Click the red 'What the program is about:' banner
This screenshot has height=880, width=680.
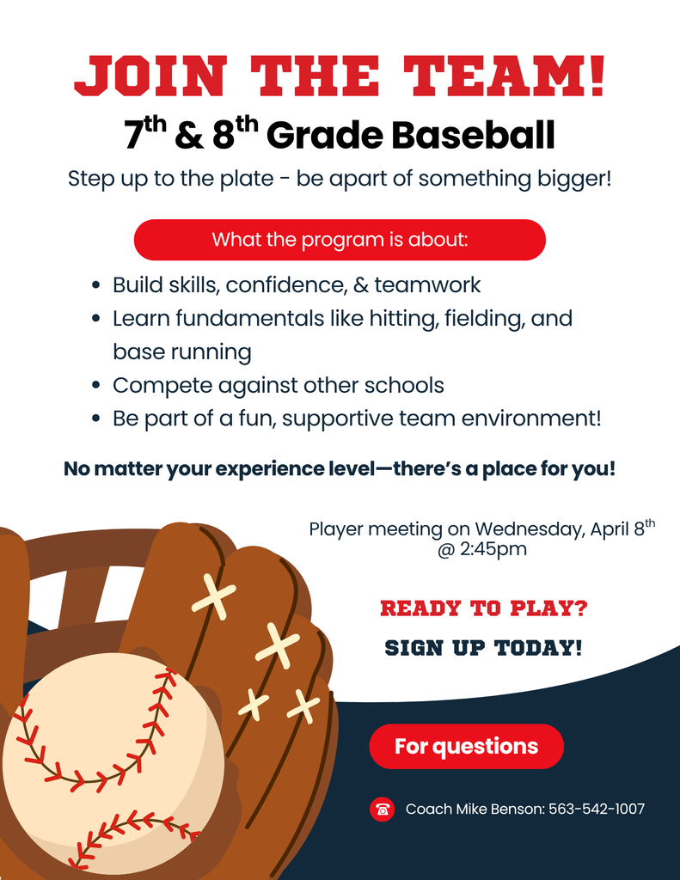coord(340,240)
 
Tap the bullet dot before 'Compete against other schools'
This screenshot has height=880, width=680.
coord(97,386)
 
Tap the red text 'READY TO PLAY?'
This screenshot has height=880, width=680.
coord(484,609)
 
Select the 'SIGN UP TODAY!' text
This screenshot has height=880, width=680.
coord(483,648)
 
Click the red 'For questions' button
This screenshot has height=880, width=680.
coord(466,746)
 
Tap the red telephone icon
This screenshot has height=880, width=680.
coord(383,809)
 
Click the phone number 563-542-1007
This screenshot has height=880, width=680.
coord(597,809)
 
